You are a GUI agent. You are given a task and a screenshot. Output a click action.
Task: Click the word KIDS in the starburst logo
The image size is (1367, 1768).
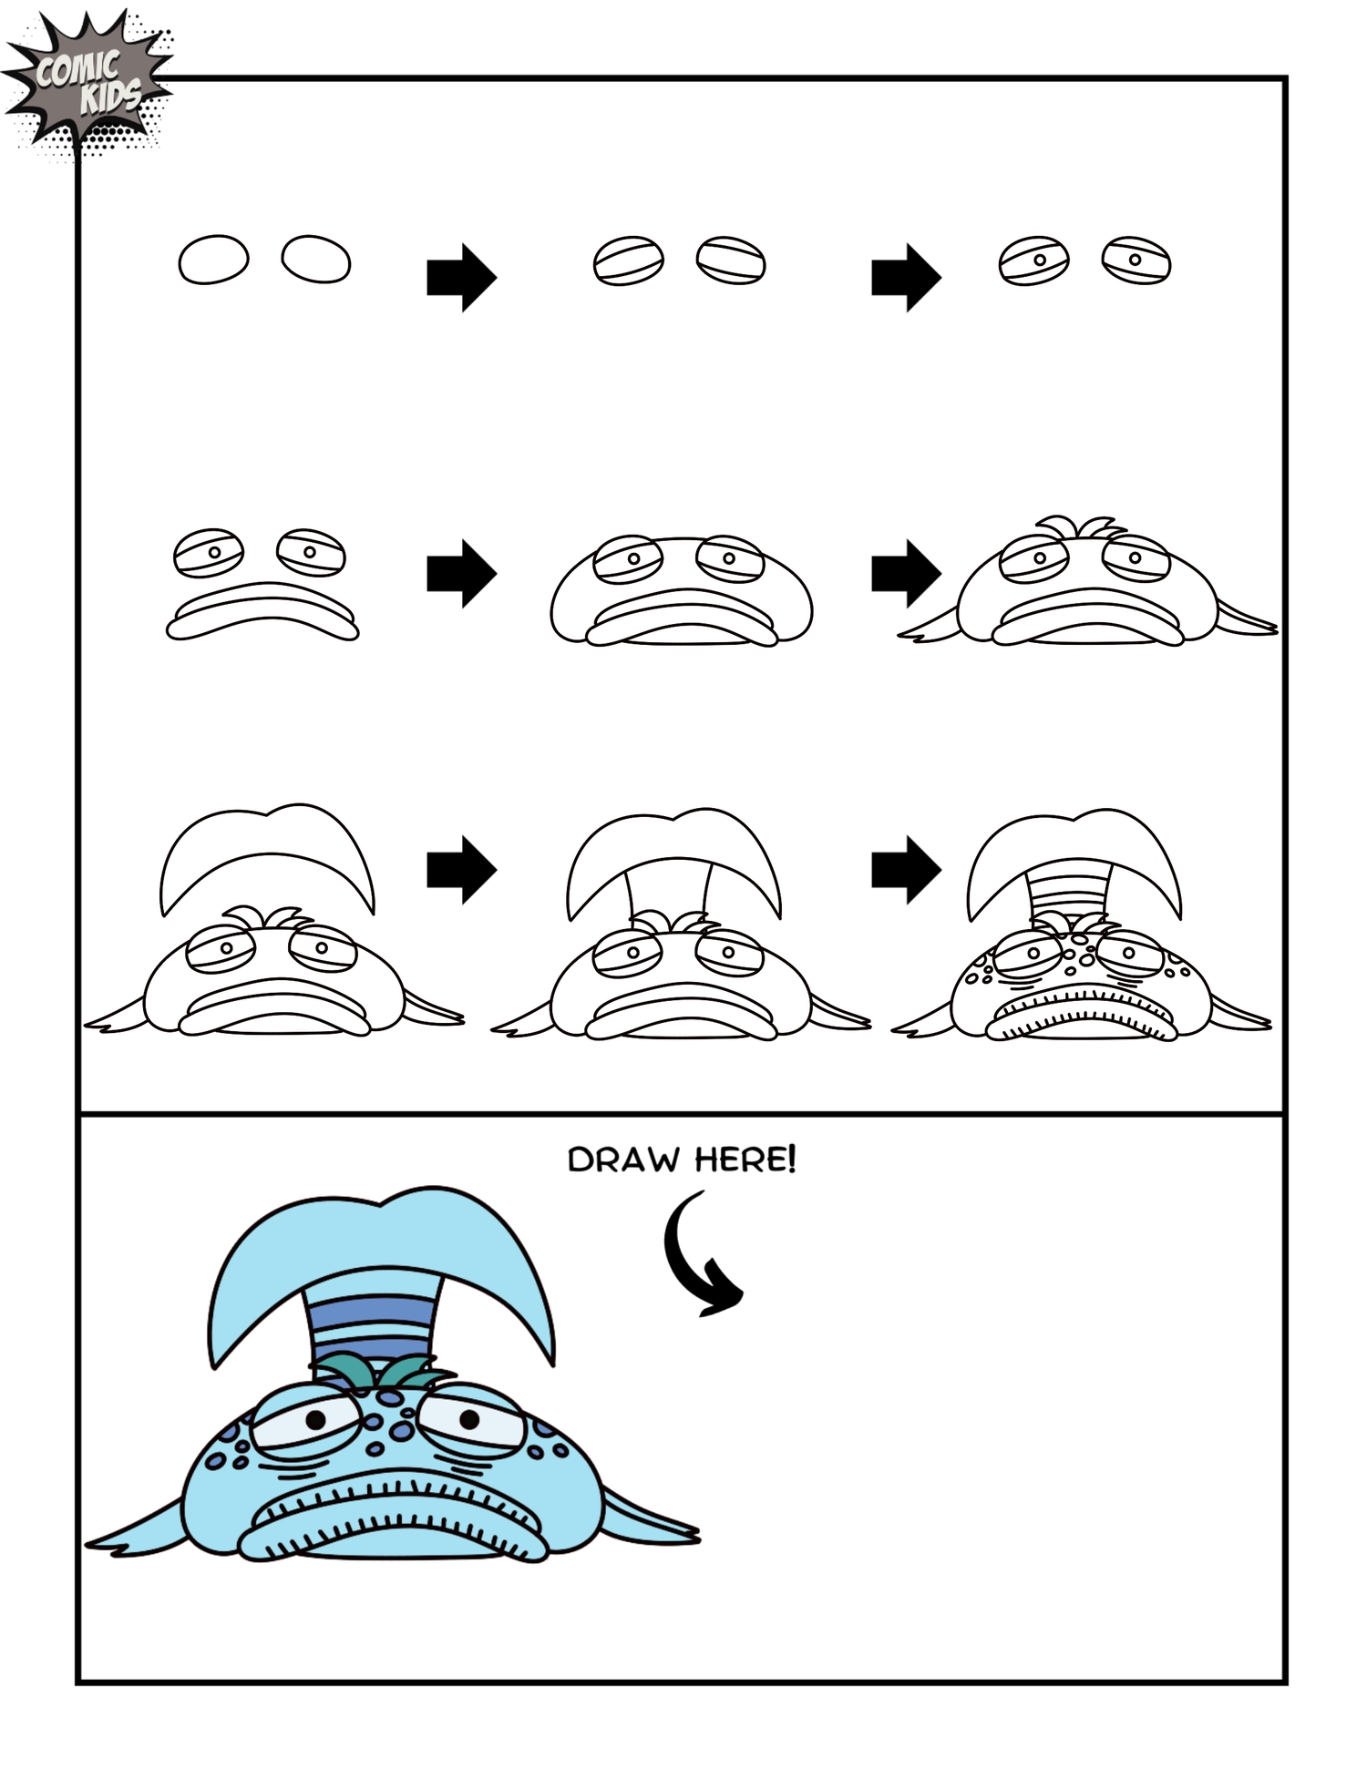click(111, 96)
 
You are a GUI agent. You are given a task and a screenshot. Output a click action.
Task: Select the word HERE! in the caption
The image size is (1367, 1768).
click(745, 1160)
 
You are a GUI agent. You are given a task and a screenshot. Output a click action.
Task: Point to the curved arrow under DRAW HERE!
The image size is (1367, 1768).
click(697, 1257)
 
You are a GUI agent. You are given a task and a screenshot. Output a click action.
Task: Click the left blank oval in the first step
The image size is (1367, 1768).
click(213, 260)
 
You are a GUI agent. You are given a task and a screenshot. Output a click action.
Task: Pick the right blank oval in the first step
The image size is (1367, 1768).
click(316, 260)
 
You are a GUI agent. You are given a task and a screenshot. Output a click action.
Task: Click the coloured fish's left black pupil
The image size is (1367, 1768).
click(315, 1419)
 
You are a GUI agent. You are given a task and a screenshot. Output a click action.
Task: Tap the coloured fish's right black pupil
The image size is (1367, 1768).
click(469, 1418)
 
